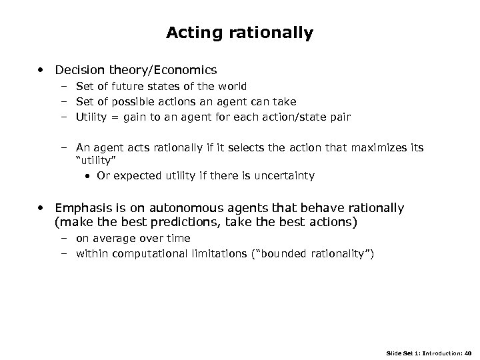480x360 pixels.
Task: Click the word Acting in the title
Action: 190,33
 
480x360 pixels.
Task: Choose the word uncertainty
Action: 287,176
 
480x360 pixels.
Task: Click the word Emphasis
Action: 83,208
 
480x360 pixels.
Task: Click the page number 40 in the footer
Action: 467,351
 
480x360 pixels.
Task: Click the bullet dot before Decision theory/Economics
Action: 42,69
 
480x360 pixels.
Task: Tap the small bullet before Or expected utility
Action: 89,176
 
